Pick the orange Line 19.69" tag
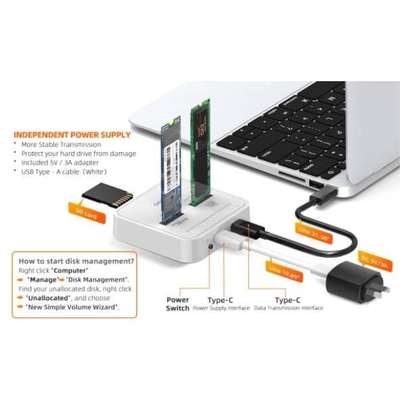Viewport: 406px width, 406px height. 286,271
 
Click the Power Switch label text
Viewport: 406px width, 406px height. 178,303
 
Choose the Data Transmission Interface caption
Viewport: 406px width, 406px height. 288,308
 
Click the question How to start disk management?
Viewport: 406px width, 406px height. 75,261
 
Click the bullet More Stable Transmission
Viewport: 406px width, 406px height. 60,144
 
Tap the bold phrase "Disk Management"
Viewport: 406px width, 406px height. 99,279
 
